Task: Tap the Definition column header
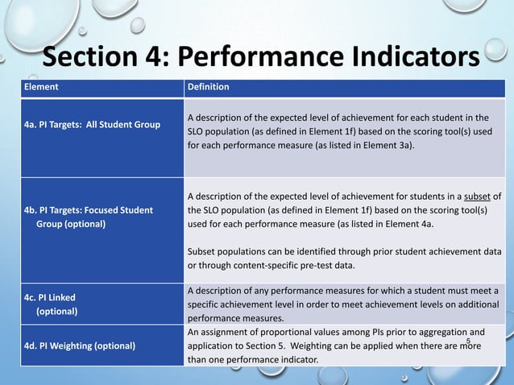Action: tap(208, 87)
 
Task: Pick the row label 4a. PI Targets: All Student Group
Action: tap(91, 124)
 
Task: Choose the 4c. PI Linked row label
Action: tap(49, 303)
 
